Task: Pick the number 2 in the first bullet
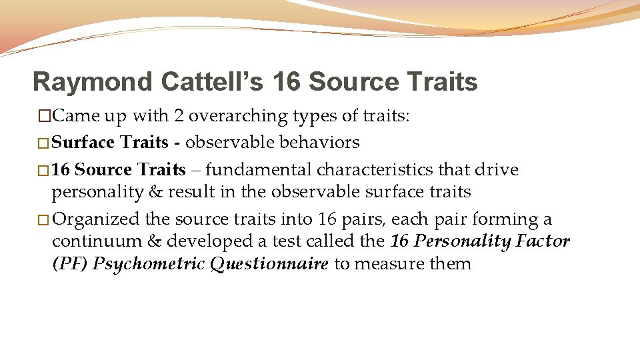[179, 116]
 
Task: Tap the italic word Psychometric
[149, 263]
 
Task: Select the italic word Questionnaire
[269, 263]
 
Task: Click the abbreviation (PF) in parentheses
[69, 263]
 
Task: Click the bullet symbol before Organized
[43, 219]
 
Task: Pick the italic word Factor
[541, 241]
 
